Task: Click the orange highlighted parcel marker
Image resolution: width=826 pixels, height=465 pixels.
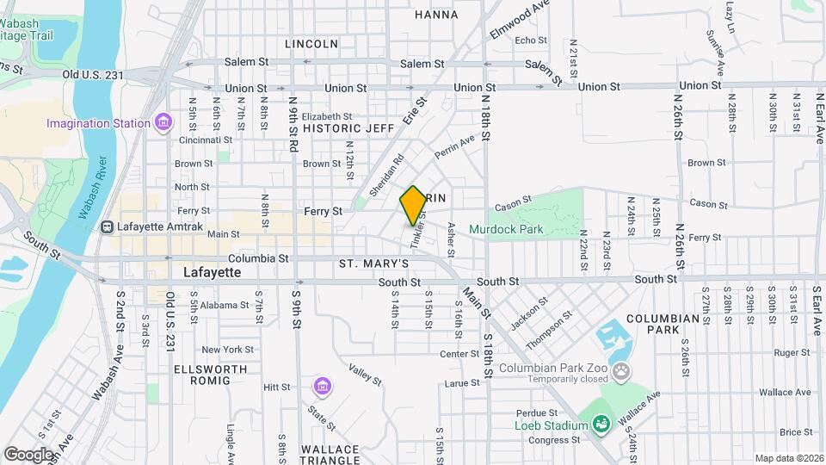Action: (413, 205)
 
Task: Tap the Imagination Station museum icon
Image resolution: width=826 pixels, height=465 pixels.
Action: (163, 123)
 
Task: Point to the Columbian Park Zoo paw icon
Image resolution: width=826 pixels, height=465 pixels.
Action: (622, 371)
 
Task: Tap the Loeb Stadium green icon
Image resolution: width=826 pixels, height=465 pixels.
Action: (601, 424)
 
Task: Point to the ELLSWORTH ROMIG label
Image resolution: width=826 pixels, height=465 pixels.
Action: (210, 377)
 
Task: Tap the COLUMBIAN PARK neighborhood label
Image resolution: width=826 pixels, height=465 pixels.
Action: (663, 324)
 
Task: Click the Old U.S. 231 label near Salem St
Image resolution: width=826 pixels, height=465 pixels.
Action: (94, 75)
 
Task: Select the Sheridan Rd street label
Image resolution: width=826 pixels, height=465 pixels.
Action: (386, 175)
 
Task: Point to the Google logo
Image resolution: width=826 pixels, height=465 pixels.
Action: (28, 454)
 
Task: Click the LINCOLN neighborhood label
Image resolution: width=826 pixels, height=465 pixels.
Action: (311, 43)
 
